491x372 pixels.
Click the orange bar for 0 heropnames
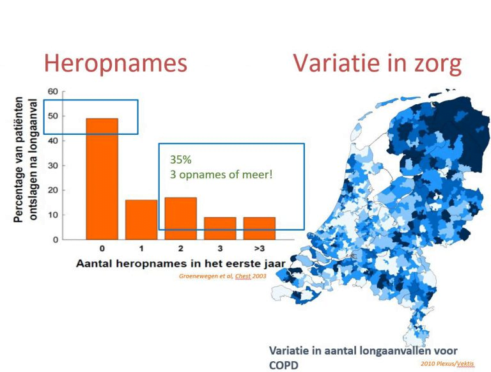coord(102,179)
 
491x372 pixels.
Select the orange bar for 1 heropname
coord(141,220)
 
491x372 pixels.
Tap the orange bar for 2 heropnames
coord(181,219)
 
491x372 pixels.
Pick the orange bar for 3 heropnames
coord(220,229)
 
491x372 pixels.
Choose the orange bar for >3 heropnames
coord(260,229)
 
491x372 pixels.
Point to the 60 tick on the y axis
coord(53,91)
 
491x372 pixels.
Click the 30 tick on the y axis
coord(53,166)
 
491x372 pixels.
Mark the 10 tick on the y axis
coord(53,215)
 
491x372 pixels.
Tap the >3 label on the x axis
coord(260,249)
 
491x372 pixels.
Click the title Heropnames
coord(116,63)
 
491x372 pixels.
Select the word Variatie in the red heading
coord(331,63)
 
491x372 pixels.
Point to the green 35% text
coord(181,160)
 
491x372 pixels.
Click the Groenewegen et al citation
coord(222,276)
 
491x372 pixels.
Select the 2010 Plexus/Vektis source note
coord(448,364)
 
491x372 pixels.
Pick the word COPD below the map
coord(284,365)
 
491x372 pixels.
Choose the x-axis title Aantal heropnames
coord(181,263)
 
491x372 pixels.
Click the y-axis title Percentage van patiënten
coord(19,160)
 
